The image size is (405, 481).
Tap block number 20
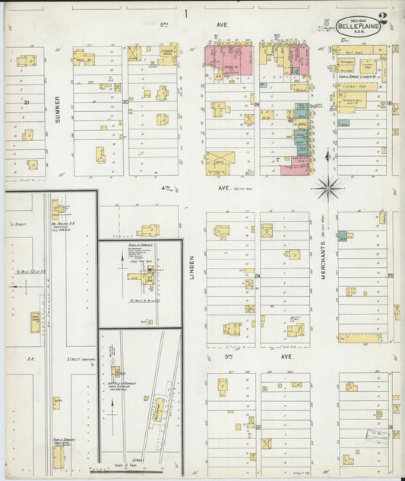pos(125,101)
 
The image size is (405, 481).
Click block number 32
pos(258,427)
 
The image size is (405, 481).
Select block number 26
pos(390,276)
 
